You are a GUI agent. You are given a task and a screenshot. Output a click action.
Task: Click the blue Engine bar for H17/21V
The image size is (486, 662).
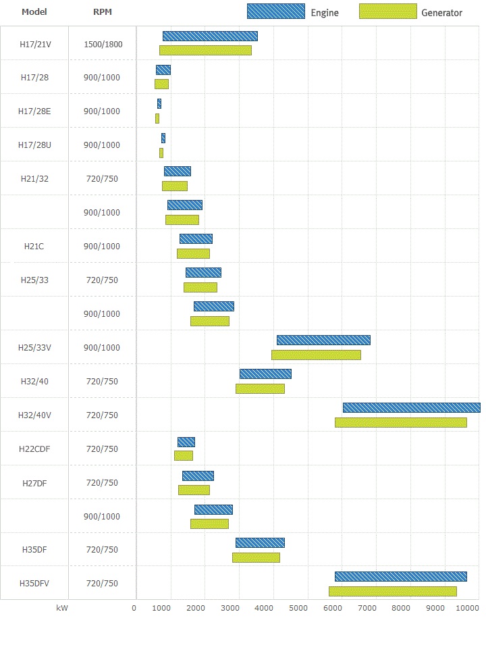pyautogui.click(x=210, y=36)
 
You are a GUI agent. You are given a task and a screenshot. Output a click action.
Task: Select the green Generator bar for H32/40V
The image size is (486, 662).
pyautogui.click(x=400, y=422)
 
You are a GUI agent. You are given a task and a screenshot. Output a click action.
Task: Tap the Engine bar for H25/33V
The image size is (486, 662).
pyautogui.click(x=323, y=340)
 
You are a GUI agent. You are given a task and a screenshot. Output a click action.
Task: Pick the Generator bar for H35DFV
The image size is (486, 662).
pyautogui.click(x=392, y=591)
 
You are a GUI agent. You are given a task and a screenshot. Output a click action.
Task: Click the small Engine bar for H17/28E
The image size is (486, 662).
pyautogui.click(x=159, y=103)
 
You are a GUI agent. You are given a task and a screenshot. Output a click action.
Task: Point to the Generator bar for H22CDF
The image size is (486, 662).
pyautogui.click(x=183, y=456)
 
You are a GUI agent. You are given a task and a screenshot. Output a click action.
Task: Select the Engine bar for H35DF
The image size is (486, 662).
pyautogui.click(x=260, y=542)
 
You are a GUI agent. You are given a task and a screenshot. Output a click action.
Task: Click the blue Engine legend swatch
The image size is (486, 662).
pyautogui.click(x=275, y=11)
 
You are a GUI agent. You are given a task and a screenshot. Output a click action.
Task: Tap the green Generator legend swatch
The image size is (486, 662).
pyautogui.click(x=388, y=11)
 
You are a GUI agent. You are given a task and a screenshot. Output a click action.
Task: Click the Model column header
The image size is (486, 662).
pyautogui.click(x=34, y=12)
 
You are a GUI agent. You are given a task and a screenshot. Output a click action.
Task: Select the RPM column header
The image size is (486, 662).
pyautogui.click(x=102, y=12)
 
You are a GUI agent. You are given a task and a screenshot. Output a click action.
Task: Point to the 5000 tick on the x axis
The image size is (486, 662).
pyautogui.click(x=298, y=608)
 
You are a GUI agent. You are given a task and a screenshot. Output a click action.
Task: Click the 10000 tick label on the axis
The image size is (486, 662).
pyautogui.click(x=468, y=608)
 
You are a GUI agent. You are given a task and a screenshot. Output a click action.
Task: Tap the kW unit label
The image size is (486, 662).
pyautogui.click(x=62, y=608)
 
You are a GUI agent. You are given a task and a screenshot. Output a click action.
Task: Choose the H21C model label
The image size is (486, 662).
pyautogui.click(x=34, y=247)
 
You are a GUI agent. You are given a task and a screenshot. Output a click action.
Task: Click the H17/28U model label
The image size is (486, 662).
pyautogui.click(x=34, y=145)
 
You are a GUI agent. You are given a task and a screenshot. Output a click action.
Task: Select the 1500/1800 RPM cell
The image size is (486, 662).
pyautogui.click(x=102, y=44)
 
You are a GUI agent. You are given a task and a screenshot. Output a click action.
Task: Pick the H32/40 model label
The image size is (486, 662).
pyautogui.click(x=34, y=382)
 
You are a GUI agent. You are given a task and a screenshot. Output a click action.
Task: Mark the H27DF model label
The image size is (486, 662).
pyautogui.click(x=34, y=483)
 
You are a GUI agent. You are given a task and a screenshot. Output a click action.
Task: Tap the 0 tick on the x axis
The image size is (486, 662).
pyautogui.click(x=134, y=608)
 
